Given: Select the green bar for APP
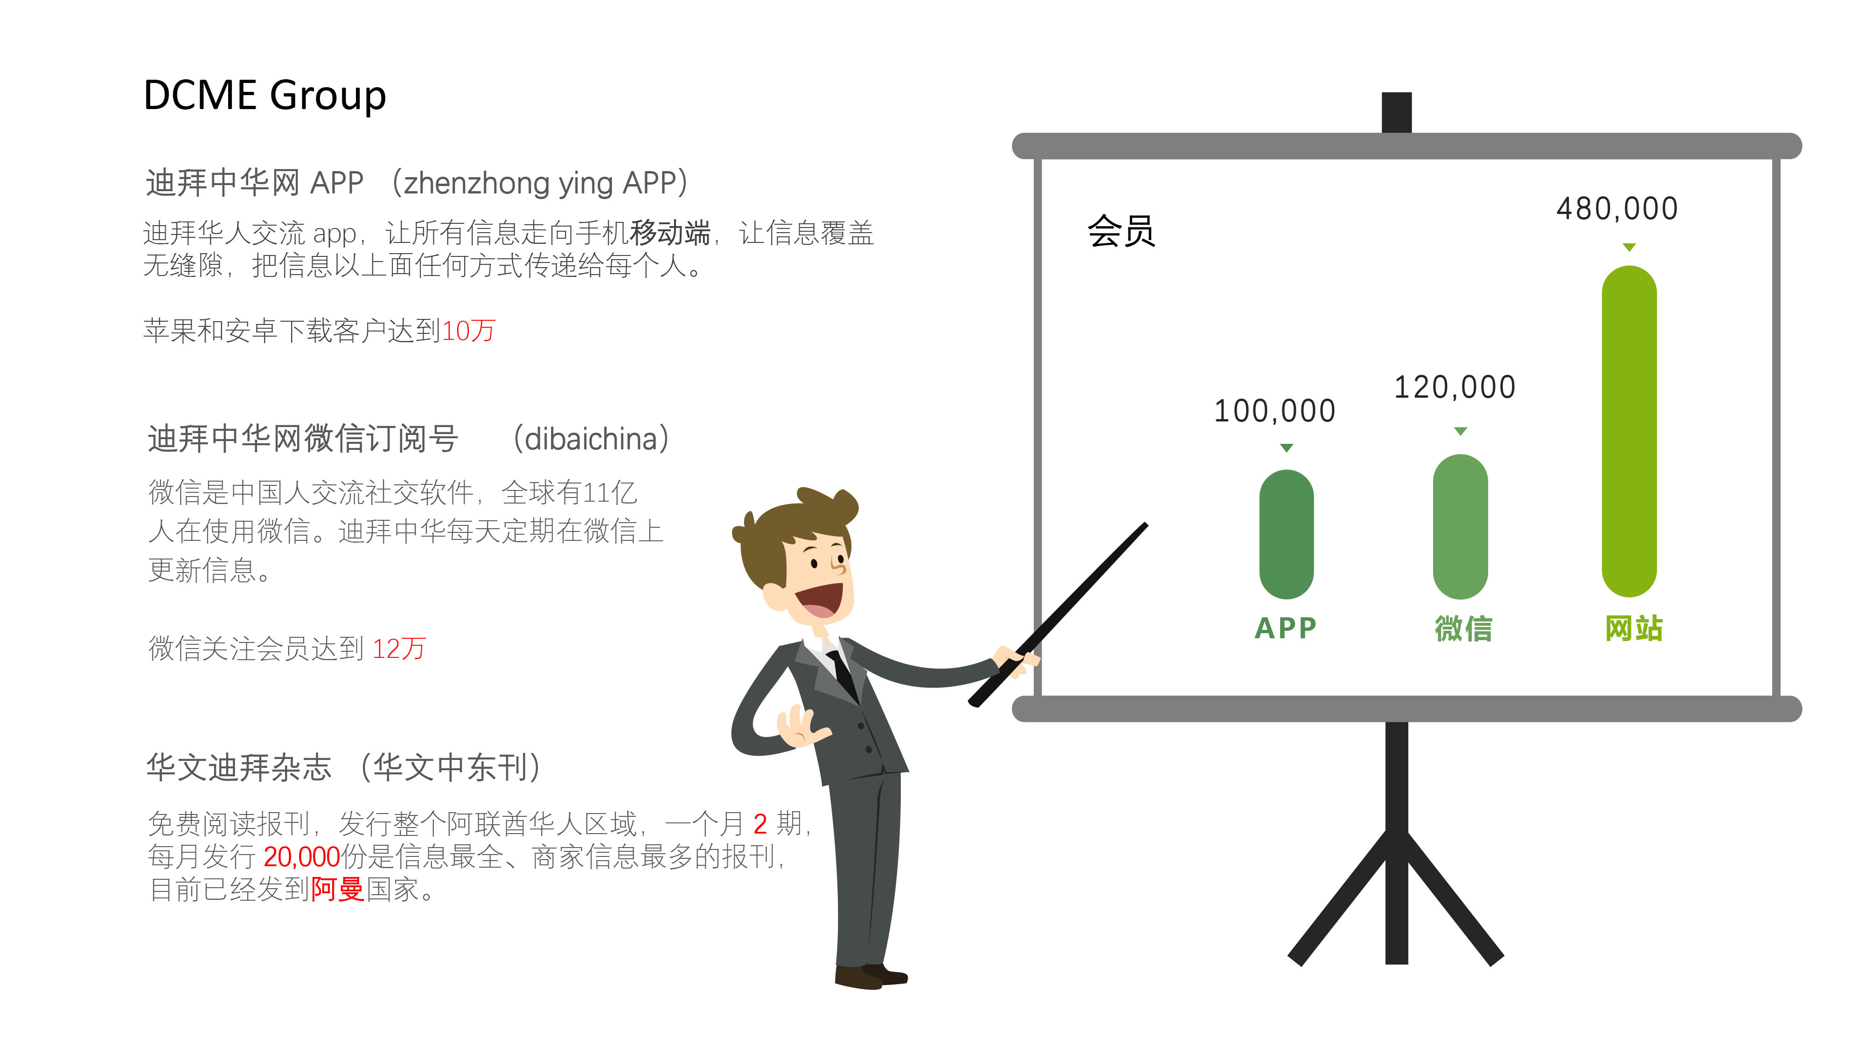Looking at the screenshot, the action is [1287, 534].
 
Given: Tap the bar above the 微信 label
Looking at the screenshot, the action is [1460, 526].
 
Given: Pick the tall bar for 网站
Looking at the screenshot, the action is [1629, 431].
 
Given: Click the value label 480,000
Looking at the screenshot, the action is [1617, 208].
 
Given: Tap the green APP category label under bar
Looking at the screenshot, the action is [1286, 628].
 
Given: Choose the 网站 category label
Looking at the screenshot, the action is [1634, 628].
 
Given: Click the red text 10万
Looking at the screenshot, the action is [468, 331].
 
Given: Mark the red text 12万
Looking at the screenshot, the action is [398, 649].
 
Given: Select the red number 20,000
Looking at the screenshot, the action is [301, 857].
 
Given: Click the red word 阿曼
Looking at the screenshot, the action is [338, 890].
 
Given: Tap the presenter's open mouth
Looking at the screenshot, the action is [821, 600].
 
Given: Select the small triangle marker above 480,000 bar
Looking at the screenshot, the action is [1629, 248].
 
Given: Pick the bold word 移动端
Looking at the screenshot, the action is [670, 233].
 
